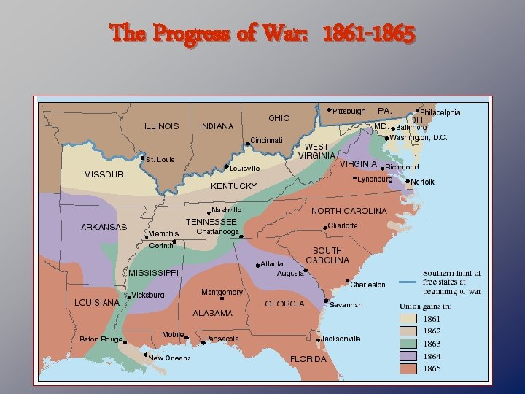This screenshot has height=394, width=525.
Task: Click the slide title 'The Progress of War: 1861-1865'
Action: click(263, 34)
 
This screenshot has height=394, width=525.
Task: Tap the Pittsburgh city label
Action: click(349, 112)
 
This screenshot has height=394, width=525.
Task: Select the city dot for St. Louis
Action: click(142, 158)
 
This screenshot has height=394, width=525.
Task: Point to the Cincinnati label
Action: click(271, 140)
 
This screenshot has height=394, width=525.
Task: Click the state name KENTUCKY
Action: click(233, 186)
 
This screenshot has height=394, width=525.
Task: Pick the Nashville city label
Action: click(226, 210)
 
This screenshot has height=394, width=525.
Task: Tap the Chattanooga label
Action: click(218, 232)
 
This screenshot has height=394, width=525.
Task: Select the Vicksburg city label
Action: click(148, 295)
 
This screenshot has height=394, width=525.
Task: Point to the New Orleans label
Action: click(169, 358)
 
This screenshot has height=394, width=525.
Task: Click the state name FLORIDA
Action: click(308, 359)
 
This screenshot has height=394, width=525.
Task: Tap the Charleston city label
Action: click(367, 285)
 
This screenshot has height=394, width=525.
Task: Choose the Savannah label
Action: click(346, 304)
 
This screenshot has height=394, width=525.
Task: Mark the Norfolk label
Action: click(422, 182)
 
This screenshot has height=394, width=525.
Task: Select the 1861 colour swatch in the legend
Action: click(408, 319)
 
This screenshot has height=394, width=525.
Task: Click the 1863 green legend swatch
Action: click(408, 344)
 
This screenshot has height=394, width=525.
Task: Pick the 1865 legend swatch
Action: click(408, 369)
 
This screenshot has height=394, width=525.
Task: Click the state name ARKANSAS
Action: click(104, 227)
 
